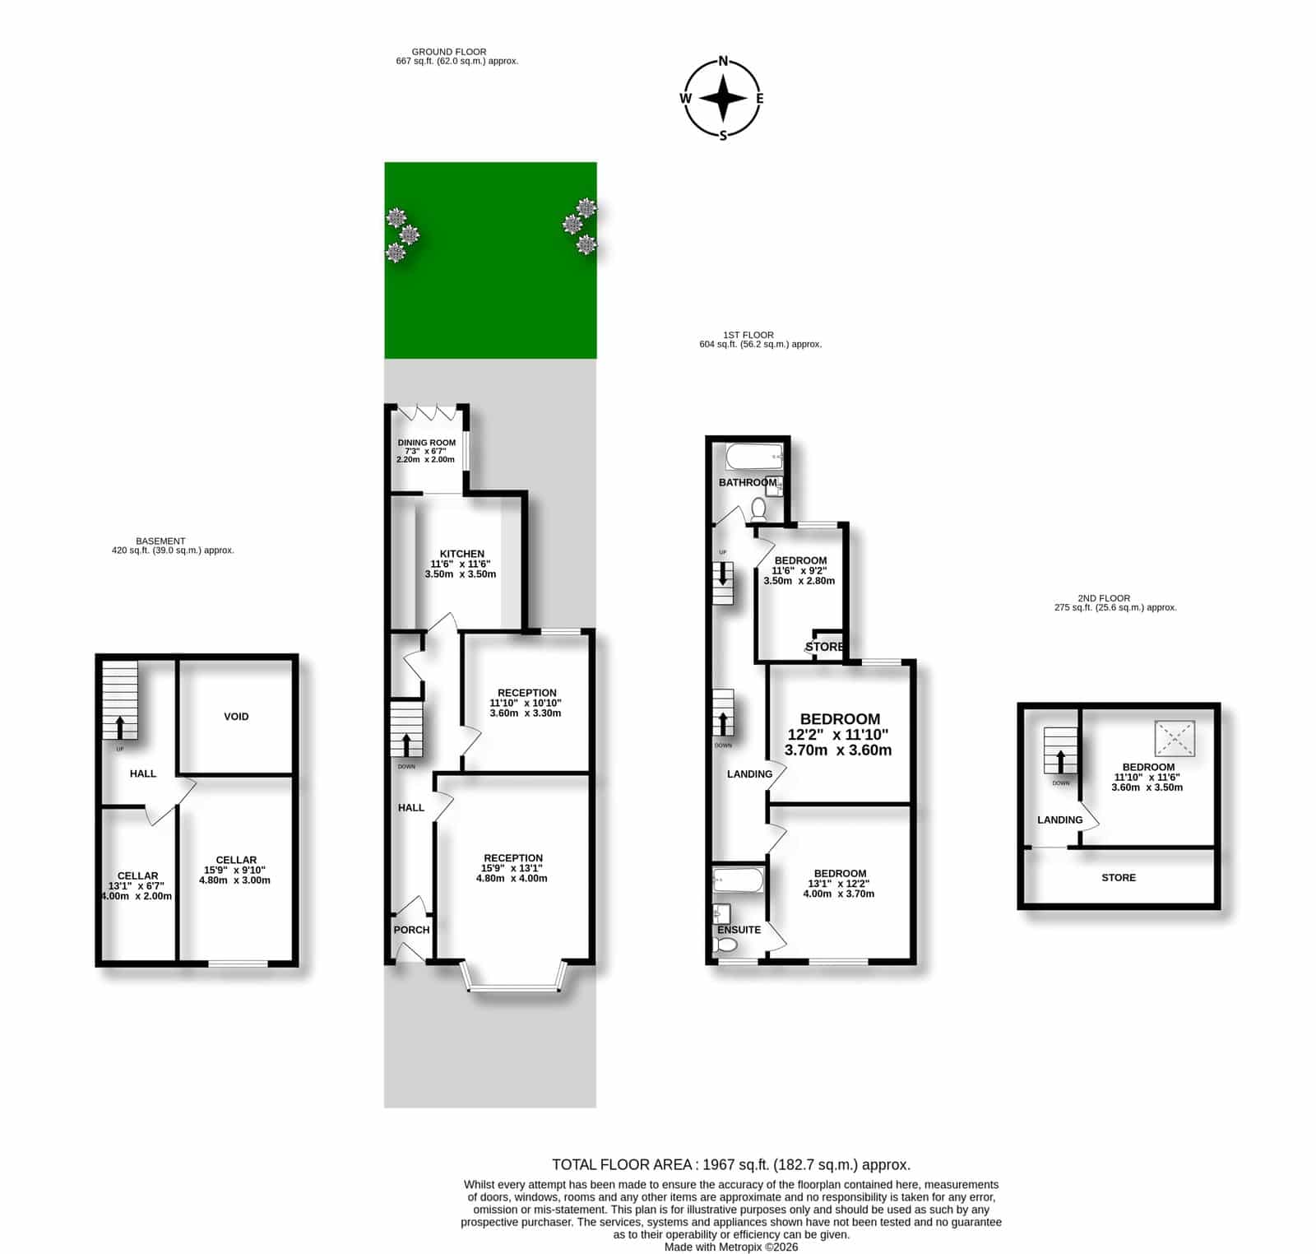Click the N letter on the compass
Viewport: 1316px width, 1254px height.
point(724,60)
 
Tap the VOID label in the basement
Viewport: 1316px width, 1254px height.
point(236,717)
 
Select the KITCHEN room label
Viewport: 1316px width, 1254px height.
point(461,554)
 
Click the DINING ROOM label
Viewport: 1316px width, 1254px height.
point(427,443)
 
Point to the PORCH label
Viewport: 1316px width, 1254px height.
point(411,930)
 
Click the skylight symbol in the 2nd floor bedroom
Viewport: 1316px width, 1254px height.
point(1175,738)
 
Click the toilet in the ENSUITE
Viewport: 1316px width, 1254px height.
point(725,947)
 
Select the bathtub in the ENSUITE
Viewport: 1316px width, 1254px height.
point(739,880)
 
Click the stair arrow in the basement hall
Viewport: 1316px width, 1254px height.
point(120,727)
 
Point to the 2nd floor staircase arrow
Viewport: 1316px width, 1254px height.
point(1060,760)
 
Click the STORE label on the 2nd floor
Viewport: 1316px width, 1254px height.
point(1119,878)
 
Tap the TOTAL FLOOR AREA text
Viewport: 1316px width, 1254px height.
point(731,1165)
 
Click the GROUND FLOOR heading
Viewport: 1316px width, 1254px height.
point(449,52)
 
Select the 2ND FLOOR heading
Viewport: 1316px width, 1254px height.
point(1104,598)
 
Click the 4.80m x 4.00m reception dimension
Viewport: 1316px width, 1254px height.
point(512,878)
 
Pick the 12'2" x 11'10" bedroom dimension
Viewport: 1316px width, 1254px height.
point(838,735)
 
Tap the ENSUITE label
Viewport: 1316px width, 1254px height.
point(739,930)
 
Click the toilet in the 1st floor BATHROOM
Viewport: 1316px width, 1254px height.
point(758,512)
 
